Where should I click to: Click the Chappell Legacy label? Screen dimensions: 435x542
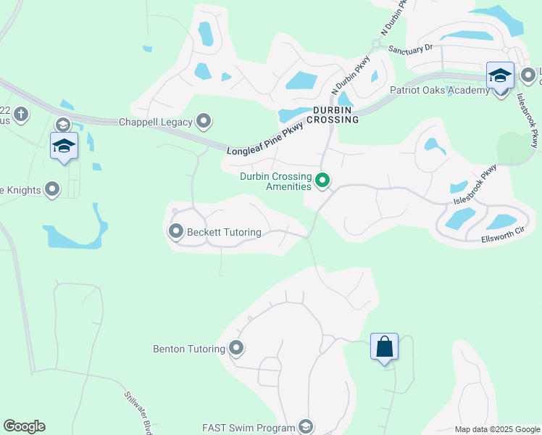[x=155, y=122]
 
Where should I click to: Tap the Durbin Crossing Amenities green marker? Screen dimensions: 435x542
[x=323, y=181]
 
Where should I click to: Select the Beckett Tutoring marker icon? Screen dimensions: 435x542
[x=176, y=232]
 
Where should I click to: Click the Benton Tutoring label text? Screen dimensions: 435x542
[x=189, y=349]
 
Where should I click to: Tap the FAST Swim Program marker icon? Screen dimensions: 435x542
[x=306, y=427]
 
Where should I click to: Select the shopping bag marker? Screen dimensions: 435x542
[x=384, y=347]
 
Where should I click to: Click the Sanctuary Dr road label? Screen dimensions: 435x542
[x=410, y=48]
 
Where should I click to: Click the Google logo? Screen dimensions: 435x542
[x=24, y=426]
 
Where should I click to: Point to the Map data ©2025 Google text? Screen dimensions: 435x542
[x=496, y=429]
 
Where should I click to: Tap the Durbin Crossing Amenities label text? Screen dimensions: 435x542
[x=276, y=181]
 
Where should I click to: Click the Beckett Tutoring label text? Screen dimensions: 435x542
[x=224, y=233]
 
